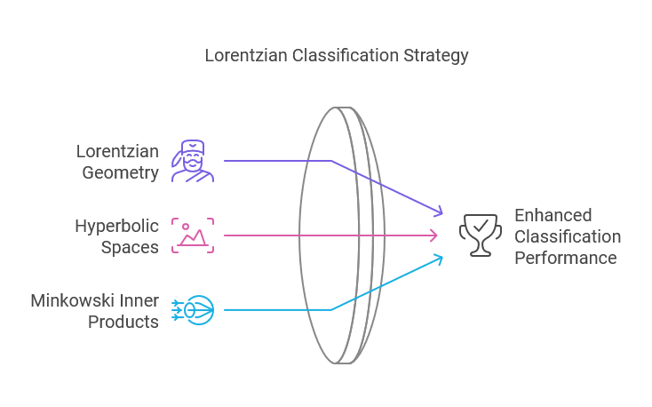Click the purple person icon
point(193,161)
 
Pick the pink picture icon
point(193,235)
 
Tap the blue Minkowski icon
point(193,309)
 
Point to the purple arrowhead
point(437,212)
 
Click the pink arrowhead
point(434,235)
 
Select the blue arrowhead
point(437,258)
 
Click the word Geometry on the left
point(121,172)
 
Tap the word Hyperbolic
point(116,225)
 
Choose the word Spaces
point(130,246)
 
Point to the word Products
point(123,321)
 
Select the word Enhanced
point(553,215)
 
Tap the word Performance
point(565,258)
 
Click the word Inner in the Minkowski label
point(141,299)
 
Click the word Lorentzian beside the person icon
point(117,151)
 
